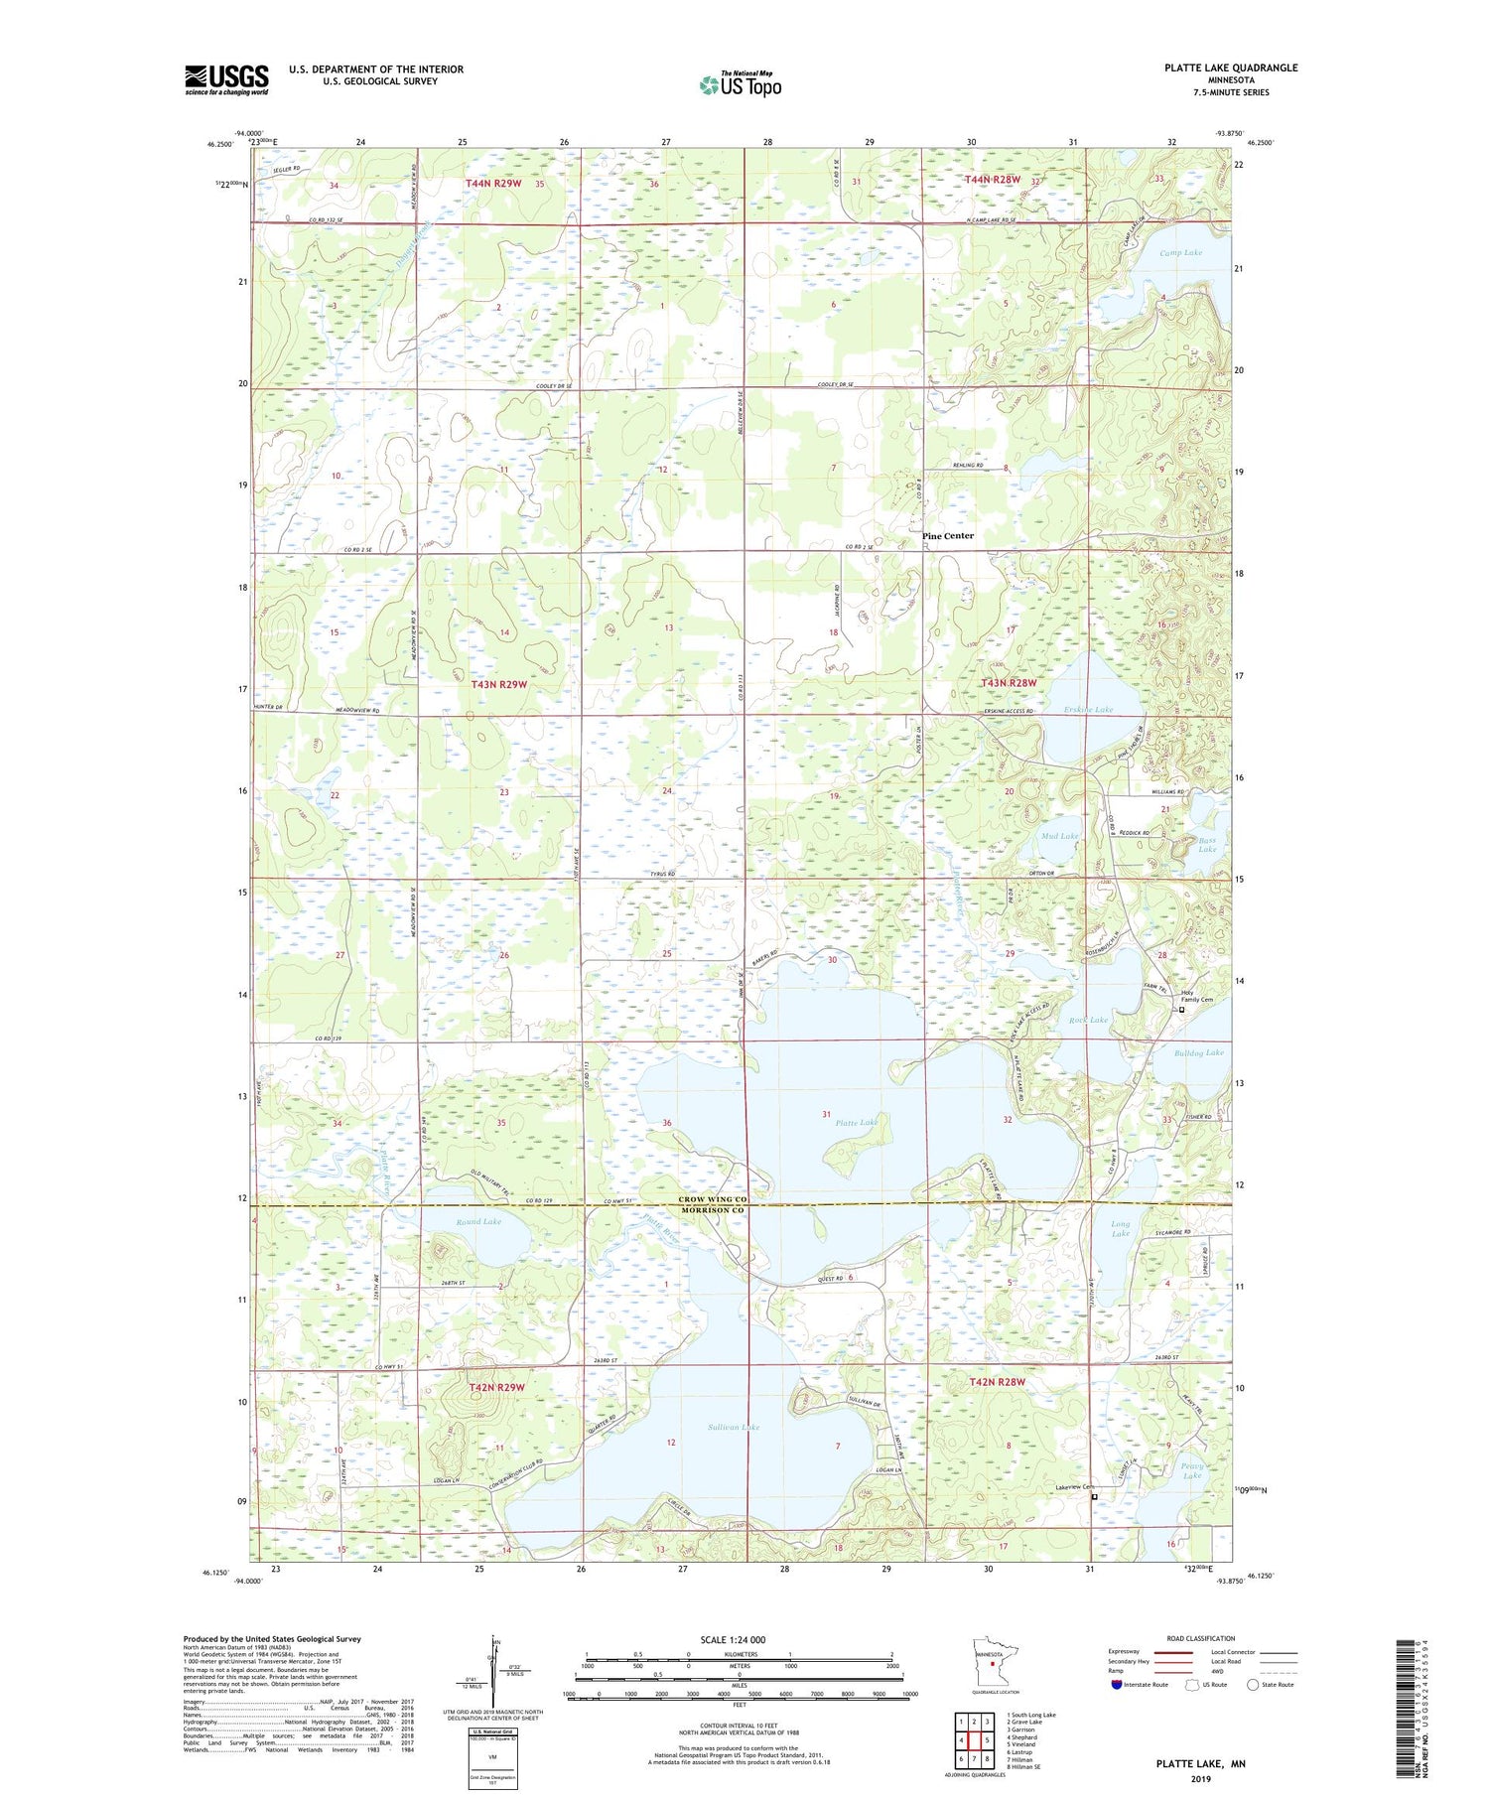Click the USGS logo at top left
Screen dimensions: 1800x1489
pyautogui.click(x=226, y=79)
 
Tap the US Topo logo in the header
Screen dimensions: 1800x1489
pyautogui.click(x=740, y=84)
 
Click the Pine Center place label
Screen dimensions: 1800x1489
pyautogui.click(x=947, y=536)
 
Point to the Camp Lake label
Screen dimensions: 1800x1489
pyautogui.click(x=1180, y=253)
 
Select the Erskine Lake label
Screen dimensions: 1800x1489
pyautogui.click(x=1088, y=710)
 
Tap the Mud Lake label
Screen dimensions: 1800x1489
pyautogui.click(x=1059, y=836)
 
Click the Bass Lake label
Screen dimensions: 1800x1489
pyautogui.click(x=1206, y=844)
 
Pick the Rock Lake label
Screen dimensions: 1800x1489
pyautogui.click(x=1088, y=1020)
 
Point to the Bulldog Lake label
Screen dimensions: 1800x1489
pyautogui.click(x=1198, y=1052)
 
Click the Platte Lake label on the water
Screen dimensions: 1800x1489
pyautogui.click(x=856, y=1123)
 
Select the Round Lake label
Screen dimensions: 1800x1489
pyautogui.click(x=478, y=1222)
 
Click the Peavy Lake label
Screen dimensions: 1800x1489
pyautogui.click(x=1192, y=1470)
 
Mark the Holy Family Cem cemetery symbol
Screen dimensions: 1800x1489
pyautogui.click(x=1181, y=1010)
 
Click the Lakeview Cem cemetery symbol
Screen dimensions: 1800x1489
pyautogui.click(x=1095, y=1496)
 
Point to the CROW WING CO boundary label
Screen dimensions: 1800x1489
pyautogui.click(x=712, y=1199)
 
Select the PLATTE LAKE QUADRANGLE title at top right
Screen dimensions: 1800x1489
pyautogui.click(x=1231, y=68)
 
